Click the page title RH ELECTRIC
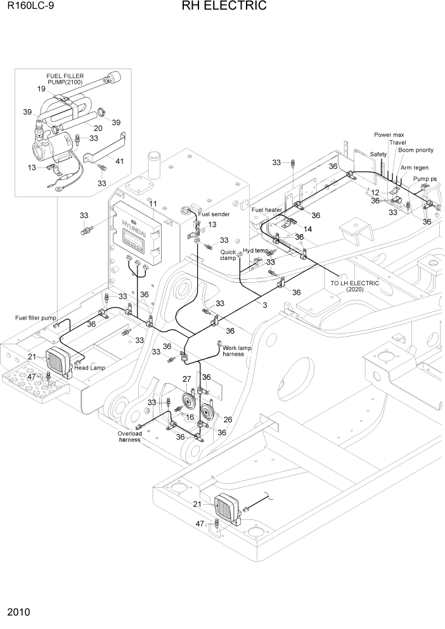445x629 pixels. point(224,7)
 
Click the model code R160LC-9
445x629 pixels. point(29,8)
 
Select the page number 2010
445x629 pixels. point(19,613)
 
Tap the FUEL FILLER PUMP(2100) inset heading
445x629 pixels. point(65,79)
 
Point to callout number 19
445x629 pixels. point(41,89)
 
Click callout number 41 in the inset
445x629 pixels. point(119,161)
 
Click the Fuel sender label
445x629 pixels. point(214,214)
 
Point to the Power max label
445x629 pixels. point(389,135)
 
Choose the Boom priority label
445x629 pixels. point(416,150)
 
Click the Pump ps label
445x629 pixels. point(425,179)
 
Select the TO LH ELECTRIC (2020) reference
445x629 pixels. point(354,286)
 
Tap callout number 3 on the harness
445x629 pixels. point(264,305)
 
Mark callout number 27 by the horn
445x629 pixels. point(187,379)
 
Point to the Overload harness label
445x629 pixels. point(129,437)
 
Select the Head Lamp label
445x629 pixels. point(89,368)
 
